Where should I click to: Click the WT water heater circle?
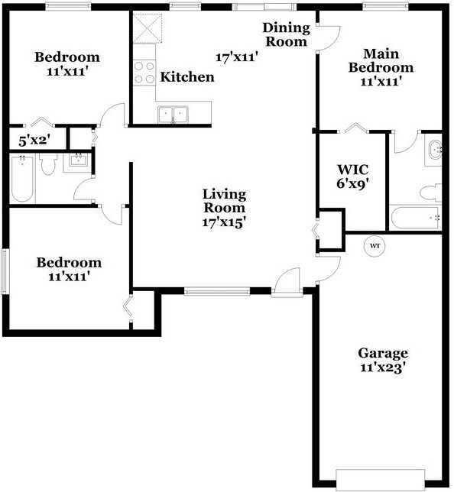(x=375, y=246)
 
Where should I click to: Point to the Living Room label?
(x=224, y=200)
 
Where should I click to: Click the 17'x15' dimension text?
(x=224, y=222)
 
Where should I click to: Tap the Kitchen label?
(x=187, y=77)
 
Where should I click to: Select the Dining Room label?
(x=286, y=34)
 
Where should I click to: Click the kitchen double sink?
(x=173, y=114)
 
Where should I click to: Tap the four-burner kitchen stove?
(x=144, y=73)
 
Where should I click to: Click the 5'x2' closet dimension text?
(x=34, y=140)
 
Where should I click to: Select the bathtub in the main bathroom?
(x=413, y=218)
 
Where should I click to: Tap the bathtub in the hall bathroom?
(x=22, y=179)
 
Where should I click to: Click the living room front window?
(x=217, y=290)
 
